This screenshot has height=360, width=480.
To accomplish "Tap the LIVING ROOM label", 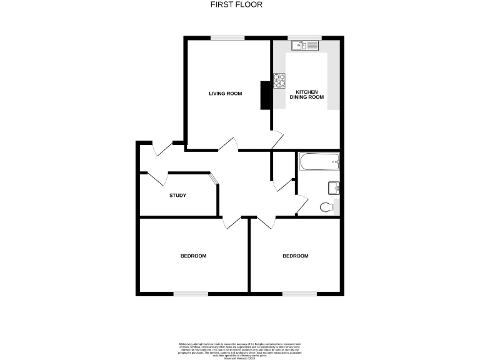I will [225, 94].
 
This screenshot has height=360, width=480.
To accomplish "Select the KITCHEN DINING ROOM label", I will [306, 94].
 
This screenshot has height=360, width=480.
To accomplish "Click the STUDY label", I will [177, 196].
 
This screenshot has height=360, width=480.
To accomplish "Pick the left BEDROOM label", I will [193, 256].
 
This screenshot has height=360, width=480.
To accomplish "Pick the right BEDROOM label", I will [295, 256].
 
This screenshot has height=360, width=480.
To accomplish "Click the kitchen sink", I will [306, 45].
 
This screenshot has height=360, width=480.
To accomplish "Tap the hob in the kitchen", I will [279, 79].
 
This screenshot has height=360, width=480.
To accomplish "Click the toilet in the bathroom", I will [327, 207].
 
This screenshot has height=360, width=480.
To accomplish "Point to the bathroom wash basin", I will [332, 187].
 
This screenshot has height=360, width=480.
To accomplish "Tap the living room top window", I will [227, 38].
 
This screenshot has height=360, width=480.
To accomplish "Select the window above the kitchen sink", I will [306, 38].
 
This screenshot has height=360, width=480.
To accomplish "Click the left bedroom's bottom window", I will [190, 293].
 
